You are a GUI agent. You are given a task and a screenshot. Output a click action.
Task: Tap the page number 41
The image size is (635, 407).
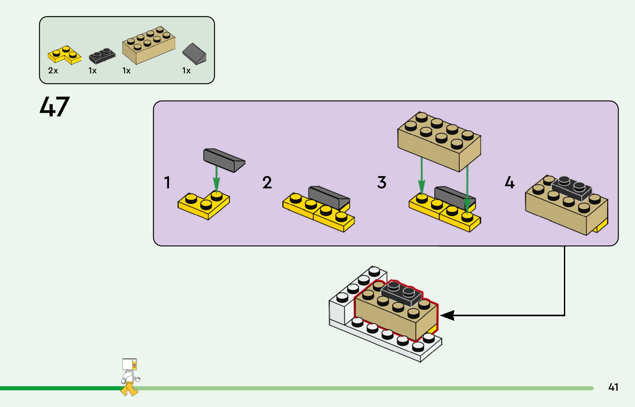coord(613,387)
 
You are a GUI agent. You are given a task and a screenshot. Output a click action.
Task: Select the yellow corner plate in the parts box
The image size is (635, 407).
coord(64,55)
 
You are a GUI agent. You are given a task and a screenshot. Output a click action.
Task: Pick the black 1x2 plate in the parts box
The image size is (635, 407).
coord(102,56)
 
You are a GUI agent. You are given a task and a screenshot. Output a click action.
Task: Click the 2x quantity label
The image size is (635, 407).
coord(53,71)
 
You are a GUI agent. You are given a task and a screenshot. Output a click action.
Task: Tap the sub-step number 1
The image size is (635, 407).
coord(167,182)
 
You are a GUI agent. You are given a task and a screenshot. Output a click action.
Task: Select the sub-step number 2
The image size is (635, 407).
coord(267,182)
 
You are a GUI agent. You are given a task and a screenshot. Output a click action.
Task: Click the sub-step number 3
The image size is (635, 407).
coord(382,182)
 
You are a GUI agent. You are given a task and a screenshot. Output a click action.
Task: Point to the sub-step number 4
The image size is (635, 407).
coord(510,182)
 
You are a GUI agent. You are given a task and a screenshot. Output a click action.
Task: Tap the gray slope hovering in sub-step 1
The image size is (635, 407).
coord(224,160)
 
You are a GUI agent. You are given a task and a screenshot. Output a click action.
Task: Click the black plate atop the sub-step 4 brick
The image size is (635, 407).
coord(572,188)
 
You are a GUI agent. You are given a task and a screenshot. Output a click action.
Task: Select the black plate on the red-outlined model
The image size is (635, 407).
coord(401,293)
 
